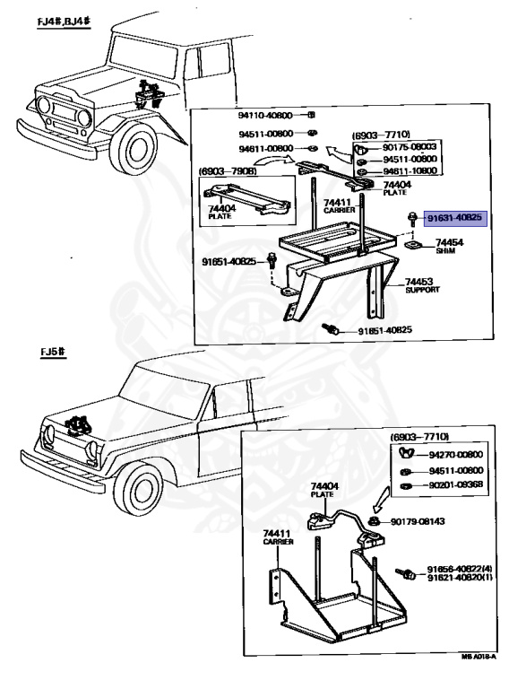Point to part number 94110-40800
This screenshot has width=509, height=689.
[x=266, y=116]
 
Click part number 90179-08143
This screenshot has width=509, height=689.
[x=422, y=520]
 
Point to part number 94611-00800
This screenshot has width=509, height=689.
[x=266, y=147]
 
